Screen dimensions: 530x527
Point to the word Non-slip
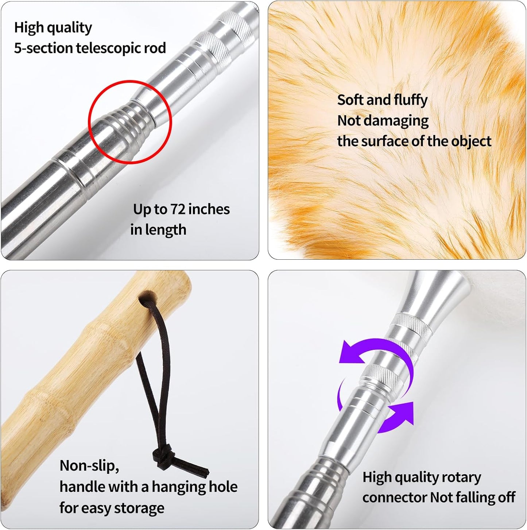[x=89, y=466]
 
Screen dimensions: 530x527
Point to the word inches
[x=209, y=209]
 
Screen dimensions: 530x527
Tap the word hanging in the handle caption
[x=173, y=487]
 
